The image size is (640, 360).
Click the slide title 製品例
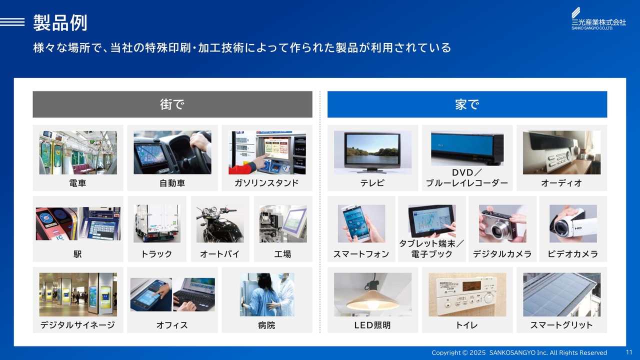pyautogui.click(x=60, y=22)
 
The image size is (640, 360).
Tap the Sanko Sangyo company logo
pyautogui.click(x=598, y=18)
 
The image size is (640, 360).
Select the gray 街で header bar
pyautogui.click(x=172, y=104)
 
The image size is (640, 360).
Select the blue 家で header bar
pyautogui.click(x=467, y=104)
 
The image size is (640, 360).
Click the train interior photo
pyautogui.click(x=78, y=152)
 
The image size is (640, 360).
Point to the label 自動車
pyautogui.click(x=172, y=183)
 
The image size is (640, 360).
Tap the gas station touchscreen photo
pyautogui.click(x=267, y=152)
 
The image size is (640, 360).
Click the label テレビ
pyautogui.click(x=372, y=183)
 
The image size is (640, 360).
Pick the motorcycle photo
pyautogui.click(x=220, y=223)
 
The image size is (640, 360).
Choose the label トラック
pyautogui.click(x=157, y=254)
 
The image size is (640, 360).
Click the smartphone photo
pyautogui.click(x=361, y=223)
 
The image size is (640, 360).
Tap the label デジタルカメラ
pyautogui.click(x=502, y=254)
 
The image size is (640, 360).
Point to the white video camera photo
pyautogui.click(x=573, y=223)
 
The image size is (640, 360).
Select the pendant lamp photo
pyautogui.click(x=372, y=294)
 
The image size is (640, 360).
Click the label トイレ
pyautogui.click(x=467, y=325)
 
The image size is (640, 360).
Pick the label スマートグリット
pyautogui.click(x=561, y=325)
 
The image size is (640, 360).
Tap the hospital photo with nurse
pyautogui.click(x=267, y=294)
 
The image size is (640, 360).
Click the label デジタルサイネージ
pyautogui.click(x=77, y=325)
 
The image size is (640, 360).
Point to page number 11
pyautogui.click(x=629, y=352)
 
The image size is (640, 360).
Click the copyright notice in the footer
pyautogui.click(x=519, y=353)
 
